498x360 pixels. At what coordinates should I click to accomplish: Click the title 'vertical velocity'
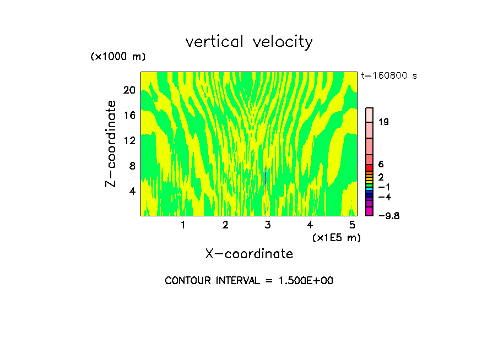(249, 42)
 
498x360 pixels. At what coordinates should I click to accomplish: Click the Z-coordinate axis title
(111, 144)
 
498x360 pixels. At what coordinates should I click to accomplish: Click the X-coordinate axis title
(249, 254)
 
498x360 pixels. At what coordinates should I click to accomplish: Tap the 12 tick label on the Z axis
(129, 140)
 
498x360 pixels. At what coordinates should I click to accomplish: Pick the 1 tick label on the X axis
(183, 225)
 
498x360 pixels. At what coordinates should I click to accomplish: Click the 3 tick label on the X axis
(268, 225)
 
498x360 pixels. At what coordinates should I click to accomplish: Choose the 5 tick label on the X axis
(352, 225)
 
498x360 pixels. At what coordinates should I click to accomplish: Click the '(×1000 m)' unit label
(118, 57)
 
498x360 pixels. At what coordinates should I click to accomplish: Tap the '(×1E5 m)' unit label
(336, 237)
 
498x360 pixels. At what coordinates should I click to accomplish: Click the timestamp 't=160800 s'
(389, 76)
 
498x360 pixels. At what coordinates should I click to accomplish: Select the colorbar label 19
(384, 122)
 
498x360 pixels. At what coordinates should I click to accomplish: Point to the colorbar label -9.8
(388, 216)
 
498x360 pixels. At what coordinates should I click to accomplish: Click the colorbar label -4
(385, 197)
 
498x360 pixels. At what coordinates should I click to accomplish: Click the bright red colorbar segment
(370, 168)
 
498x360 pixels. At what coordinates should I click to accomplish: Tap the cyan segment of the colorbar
(370, 189)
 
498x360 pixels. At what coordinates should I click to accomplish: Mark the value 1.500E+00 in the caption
(305, 281)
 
